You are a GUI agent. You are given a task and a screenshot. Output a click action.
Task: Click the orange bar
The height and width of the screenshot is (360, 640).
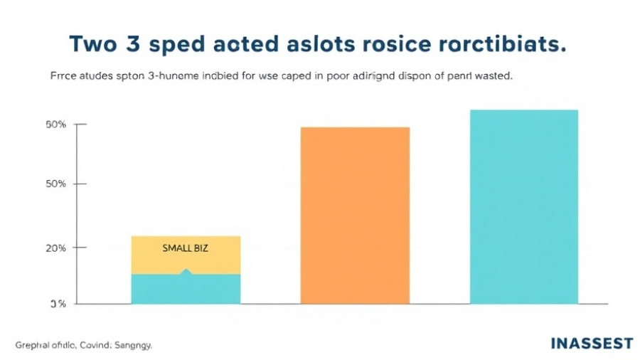pyautogui.click(x=355, y=216)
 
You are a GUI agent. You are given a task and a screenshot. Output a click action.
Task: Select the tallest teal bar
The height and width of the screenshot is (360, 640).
pyautogui.click(x=525, y=206)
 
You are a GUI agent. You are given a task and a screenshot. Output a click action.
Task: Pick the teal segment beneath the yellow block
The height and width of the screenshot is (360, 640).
pyautogui.click(x=186, y=290)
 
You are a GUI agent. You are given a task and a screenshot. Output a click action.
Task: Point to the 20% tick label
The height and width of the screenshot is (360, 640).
pyautogui.click(x=56, y=248)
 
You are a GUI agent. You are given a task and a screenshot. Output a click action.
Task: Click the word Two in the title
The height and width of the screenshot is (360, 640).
pyautogui.click(x=99, y=43)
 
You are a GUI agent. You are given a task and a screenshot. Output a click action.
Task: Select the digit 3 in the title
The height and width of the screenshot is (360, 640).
pyautogui.click(x=151, y=43)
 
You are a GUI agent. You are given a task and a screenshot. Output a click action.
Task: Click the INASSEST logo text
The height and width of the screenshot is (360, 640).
pyautogui.click(x=592, y=344)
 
